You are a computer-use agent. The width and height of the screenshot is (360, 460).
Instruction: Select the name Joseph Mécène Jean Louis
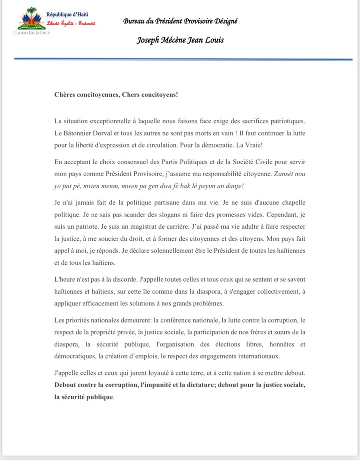(180, 40)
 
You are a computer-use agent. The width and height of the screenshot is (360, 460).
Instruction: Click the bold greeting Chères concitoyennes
(86, 95)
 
